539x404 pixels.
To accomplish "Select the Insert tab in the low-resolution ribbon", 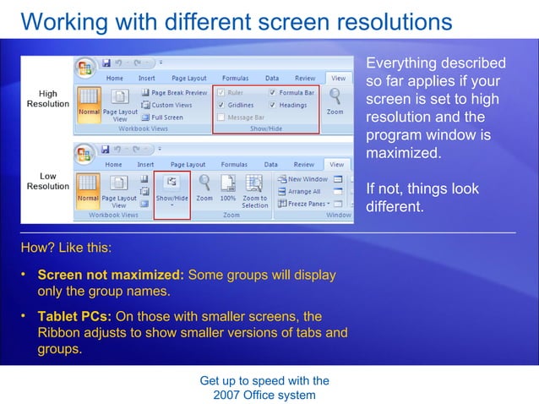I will point(145,164).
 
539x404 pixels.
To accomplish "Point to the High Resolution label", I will point(48,98).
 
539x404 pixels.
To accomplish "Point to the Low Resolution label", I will point(48,181).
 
